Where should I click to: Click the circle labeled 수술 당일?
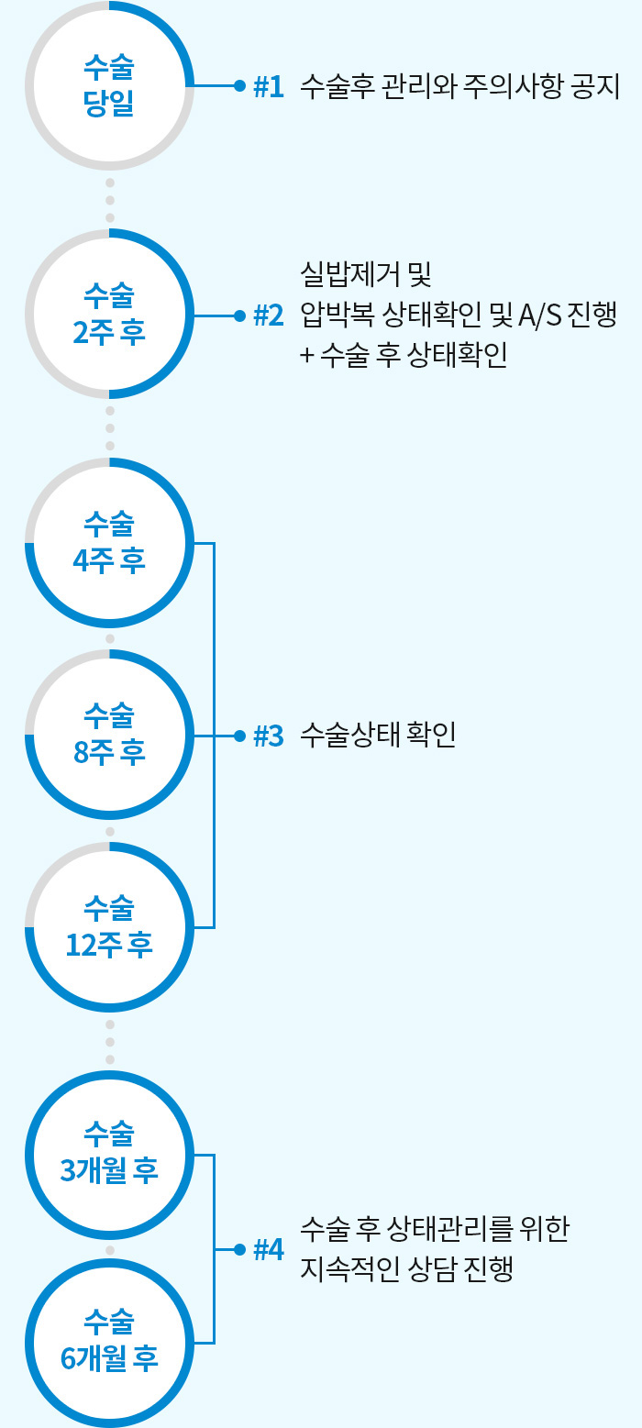coord(109,85)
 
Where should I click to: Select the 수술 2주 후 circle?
coord(109,315)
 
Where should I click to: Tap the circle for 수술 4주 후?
coord(109,544)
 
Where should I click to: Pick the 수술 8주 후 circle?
coord(109,735)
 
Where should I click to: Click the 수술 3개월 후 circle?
coord(109,1156)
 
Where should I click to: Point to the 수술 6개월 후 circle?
coord(109,1343)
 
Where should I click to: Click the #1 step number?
coord(268,86)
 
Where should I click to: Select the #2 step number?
coord(268,315)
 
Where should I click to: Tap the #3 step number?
coord(268,736)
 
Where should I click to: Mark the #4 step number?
coord(268,1249)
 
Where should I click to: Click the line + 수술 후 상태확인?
coord(404,358)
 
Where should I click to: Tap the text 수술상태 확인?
coord(378,736)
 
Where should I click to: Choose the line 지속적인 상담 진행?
coord(405,1269)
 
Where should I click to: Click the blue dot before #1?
coord(239,86)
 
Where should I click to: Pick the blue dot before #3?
coord(239,736)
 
